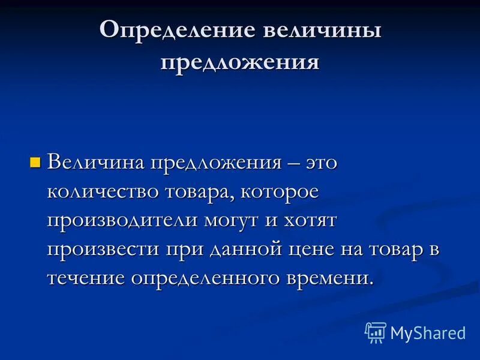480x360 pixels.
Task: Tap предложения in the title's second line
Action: click(x=239, y=62)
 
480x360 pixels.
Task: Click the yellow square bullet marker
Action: click(x=35, y=162)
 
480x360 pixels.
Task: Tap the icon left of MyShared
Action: click(x=376, y=332)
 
